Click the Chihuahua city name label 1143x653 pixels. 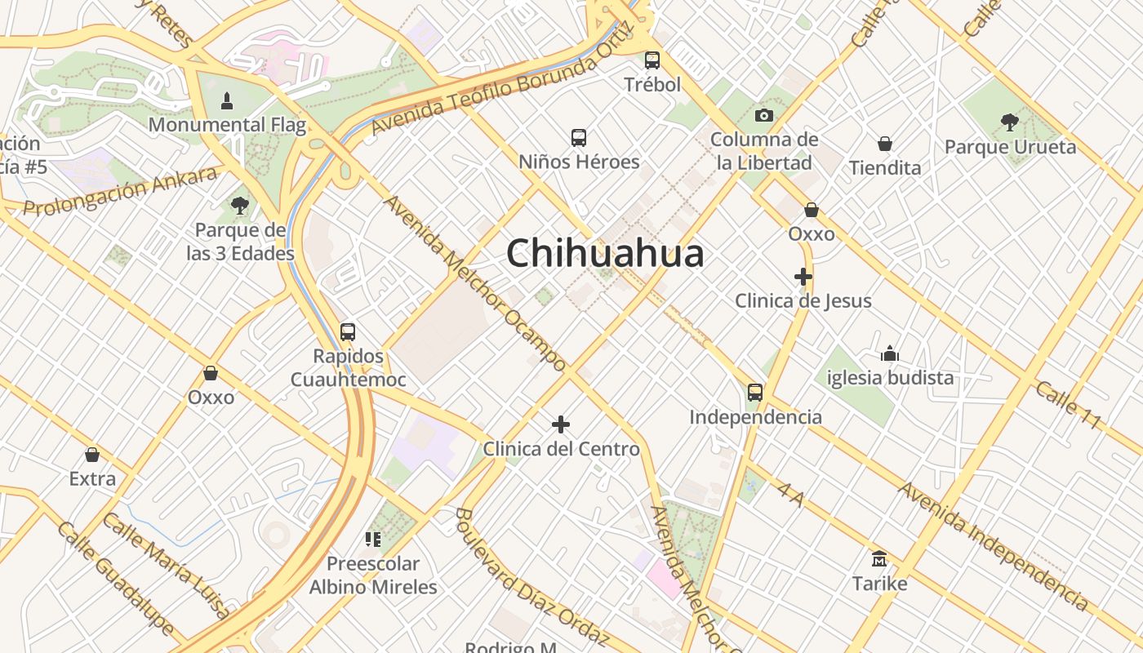pyautogui.click(x=605, y=253)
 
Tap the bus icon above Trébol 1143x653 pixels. pyautogui.click(x=652, y=60)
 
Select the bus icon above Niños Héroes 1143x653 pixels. pyautogui.click(x=579, y=137)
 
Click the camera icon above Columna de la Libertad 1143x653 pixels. pyautogui.click(x=764, y=115)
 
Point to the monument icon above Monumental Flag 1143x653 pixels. pyautogui.click(x=227, y=101)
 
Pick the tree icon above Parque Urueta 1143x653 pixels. pyautogui.click(x=1010, y=122)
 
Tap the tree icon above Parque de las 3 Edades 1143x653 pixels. pyautogui.click(x=240, y=206)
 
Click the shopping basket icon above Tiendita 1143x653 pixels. pyautogui.click(x=884, y=144)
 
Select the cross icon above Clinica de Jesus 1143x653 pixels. pyautogui.click(x=803, y=277)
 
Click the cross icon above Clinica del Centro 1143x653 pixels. pyautogui.click(x=561, y=424)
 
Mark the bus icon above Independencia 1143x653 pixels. pyautogui.click(x=755, y=393)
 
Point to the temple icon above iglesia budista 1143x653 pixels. pyautogui.click(x=890, y=353)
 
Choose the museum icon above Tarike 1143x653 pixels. pyautogui.click(x=879, y=559)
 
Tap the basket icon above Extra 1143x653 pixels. pyautogui.click(x=92, y=455)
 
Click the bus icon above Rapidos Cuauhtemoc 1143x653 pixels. pyautogui.click(x=348, y=332)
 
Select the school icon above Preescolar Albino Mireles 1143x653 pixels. pyautogui.click(x=373, y=539)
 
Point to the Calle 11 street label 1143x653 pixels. pyautogui.click(x=1069, y=405)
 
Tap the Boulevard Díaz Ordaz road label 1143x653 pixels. pyautogui.click(x=531, y=576)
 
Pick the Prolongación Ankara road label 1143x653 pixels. pyautogui.click(x=121, y=191)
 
